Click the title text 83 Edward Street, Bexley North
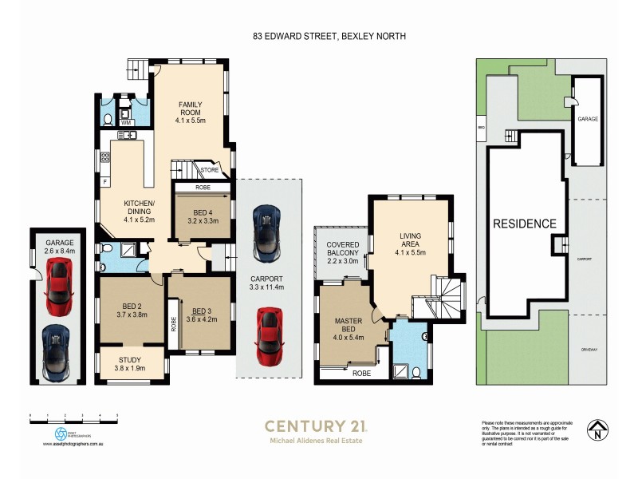(319, 37)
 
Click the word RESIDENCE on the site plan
(523, 224)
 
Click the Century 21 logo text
(316, 426)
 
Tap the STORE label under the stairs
(209, 170)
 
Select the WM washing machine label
(125, 123)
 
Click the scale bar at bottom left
(73, 416)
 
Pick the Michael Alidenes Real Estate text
(317, 441)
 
